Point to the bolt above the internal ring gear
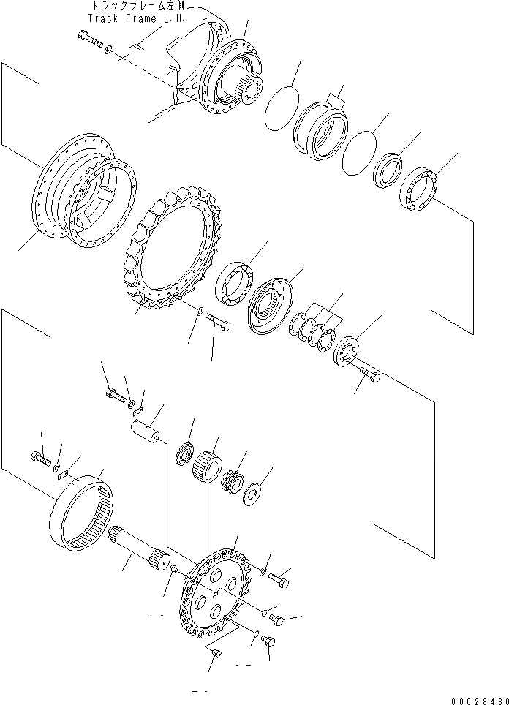[x=40, y=459]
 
